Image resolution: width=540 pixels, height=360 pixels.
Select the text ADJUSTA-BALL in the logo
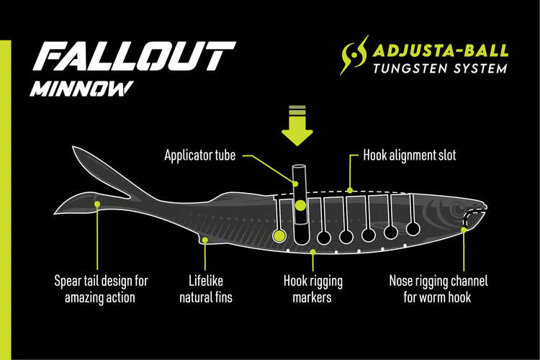441,50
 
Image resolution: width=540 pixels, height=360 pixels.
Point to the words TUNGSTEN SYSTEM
440,68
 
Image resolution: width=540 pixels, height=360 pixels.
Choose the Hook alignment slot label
409,155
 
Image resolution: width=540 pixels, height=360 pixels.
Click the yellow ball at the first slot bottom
278,235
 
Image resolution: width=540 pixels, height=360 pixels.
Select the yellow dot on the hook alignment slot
350,191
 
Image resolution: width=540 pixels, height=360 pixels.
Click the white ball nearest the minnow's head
413,230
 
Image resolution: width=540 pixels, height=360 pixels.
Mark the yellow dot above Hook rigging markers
312,251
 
